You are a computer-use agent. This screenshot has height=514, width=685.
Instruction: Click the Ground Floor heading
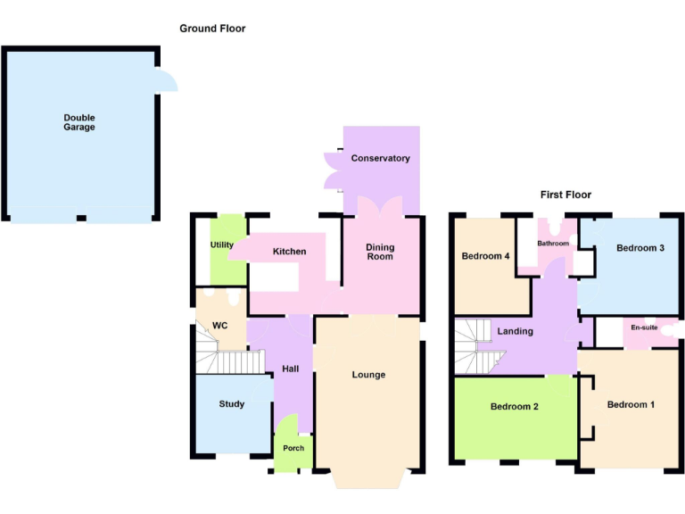point(212,29)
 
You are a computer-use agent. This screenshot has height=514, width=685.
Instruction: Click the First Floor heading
point(565,195)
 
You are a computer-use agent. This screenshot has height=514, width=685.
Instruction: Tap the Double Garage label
point(79,122)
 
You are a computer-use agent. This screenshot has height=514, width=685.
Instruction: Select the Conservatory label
point(381,158)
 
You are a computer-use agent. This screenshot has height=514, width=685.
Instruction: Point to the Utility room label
point(222,245)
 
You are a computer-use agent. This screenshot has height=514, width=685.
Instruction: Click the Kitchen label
point(290,252)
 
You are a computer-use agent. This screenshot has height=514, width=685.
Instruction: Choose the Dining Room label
point(381,253)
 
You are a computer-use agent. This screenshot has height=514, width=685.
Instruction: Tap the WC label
point(219,326)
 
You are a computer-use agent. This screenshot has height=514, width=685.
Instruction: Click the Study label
point(232,404)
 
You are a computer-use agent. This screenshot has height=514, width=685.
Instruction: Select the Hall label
point(291,369)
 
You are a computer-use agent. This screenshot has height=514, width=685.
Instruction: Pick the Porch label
point(293,448)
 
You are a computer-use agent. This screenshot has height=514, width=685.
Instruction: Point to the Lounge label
point(368,375)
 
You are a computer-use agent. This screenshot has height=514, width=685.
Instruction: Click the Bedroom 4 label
point(485,256)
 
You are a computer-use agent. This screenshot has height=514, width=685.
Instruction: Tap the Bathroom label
point(553,243)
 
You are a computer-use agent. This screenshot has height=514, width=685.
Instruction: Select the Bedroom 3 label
point(640,248)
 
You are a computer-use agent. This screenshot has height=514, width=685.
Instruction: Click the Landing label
point(516,331)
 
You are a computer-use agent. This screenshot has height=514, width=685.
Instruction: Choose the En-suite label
point(644,328)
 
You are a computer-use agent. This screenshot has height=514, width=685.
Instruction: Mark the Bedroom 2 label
point(515,407)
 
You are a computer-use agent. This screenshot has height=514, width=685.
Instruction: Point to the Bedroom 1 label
point(631,405)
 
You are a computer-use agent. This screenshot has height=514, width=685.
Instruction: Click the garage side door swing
point(167,82)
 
